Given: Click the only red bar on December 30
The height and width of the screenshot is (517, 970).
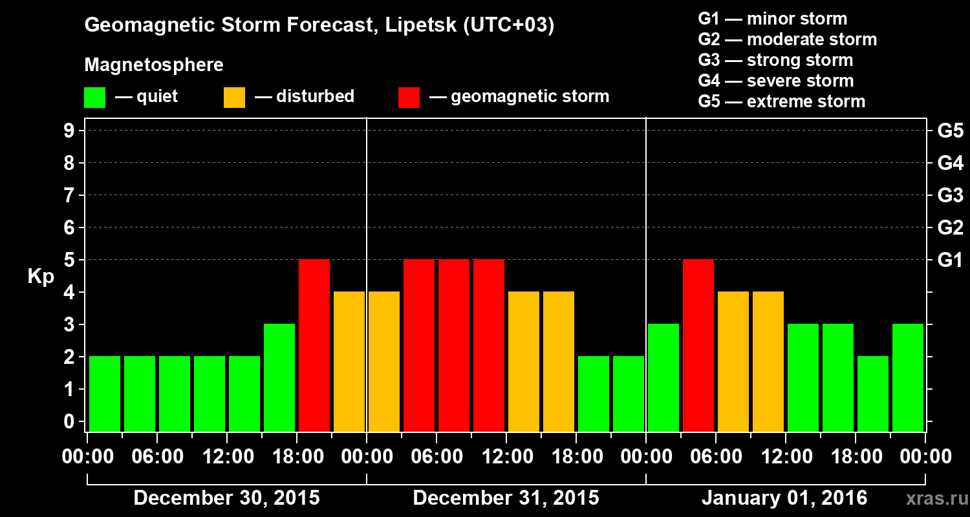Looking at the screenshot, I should click(x=314, y=345).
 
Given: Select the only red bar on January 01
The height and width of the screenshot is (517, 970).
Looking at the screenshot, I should click(x=698, y=345).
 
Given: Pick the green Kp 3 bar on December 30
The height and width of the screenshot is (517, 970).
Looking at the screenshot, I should click(x=279, y=377).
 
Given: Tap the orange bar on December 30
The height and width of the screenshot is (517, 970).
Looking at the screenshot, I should click(x=349, y=361).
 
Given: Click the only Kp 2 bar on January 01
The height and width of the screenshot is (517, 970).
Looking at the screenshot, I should click(x=873, y=394).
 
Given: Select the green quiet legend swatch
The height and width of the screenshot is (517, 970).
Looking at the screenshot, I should click(x=94, y=98).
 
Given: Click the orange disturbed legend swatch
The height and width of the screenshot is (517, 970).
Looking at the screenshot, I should click(x=234, y=98).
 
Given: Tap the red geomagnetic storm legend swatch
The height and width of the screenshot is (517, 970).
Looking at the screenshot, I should click(x=409, y=98).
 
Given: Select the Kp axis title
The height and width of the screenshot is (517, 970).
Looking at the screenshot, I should click(x=40, y=277).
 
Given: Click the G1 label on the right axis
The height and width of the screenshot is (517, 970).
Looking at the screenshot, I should click(x=950, y=260).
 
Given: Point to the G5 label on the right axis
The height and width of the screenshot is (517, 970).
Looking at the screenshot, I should click(x=950, y=131).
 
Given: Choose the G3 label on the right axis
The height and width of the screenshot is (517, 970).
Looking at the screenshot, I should click(x=950, y=195).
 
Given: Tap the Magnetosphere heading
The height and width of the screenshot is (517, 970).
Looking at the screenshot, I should click(x=154, y=65).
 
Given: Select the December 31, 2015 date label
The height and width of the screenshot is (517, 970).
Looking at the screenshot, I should click(x=506, y=498).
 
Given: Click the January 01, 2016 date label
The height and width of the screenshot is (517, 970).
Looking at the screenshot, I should click(x=784, y=498).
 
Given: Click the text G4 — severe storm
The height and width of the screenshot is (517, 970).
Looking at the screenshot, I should click(x=775, y=81).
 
